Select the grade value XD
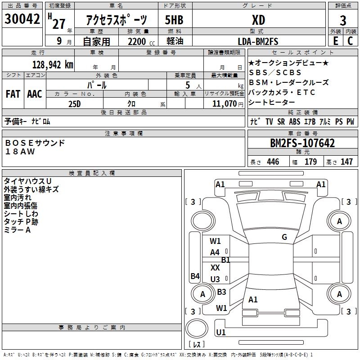pos(259,20)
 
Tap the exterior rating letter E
pos(335,41)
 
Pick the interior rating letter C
pos(350,41)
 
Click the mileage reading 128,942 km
pos(52,64)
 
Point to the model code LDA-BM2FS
pos(258,41)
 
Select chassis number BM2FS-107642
pos(302,144)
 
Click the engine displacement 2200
pos(137,41)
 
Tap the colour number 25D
pos(75,103)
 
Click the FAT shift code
pos(13,94)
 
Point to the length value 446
pos(273,162)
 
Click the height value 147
pos(346,162)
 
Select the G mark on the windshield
pos(284,237)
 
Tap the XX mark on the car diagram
pos(215,267)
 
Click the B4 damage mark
pos(195,276)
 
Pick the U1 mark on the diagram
pos(220,332)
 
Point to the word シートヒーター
pos(274,103)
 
